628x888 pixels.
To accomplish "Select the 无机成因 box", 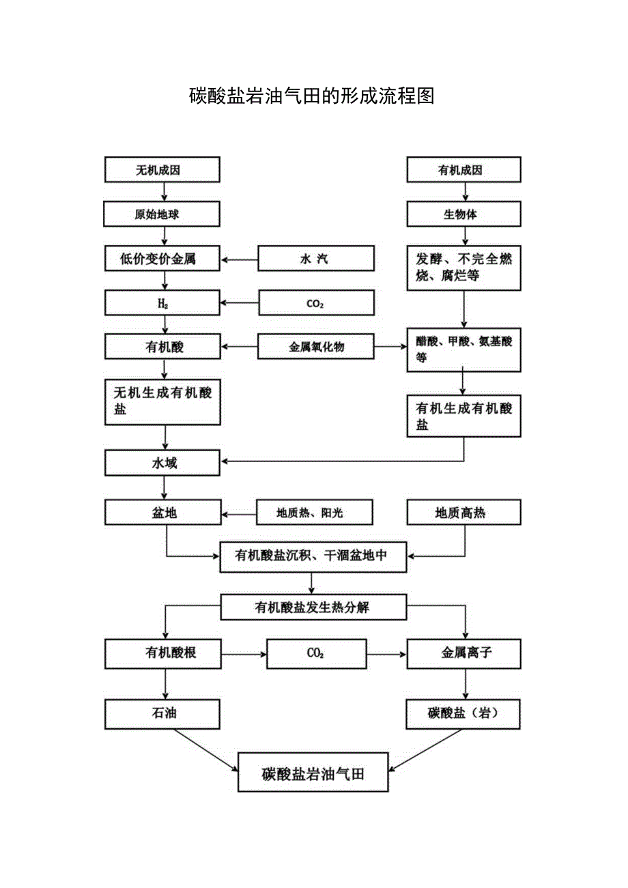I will tap(162, 170).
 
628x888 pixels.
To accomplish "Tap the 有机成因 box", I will tap(463, 170).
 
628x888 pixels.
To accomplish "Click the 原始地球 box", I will tap(162, 214).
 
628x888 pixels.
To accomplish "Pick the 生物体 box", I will tap(463, 214).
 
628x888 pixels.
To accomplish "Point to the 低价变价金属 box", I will tap(162, 259).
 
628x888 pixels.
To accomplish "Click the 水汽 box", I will tap(316, 259).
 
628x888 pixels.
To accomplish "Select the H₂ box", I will tap(162, 303).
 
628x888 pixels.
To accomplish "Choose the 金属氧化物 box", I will tap(316, 347).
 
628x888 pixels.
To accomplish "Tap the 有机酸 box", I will tap(162, 347).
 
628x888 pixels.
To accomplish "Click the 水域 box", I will tap(162, 463).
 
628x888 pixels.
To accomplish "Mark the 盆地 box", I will tap(162, 513).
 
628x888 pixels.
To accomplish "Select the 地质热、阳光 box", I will tap(315, 513).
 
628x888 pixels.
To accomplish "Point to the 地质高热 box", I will tap(463, 513).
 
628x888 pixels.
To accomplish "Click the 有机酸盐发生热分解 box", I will tap(313, 607).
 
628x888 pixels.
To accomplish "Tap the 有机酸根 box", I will tap(162, 653).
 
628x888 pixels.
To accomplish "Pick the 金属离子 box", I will tap(463, 653).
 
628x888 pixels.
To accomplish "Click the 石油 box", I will tap(162, 713).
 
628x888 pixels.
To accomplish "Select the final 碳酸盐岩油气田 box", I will tap(313, 773).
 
